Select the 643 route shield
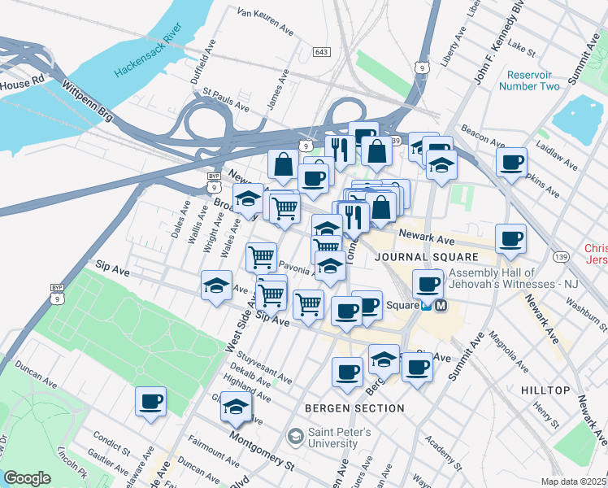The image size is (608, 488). point(321,52)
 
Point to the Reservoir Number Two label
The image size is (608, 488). point(529,80)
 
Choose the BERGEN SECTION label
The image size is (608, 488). point(354,408)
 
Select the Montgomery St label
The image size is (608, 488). point(262,451)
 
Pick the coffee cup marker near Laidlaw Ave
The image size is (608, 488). point(512,162)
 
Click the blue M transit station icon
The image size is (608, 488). point(441,306)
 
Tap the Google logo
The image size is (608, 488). point(28,478)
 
